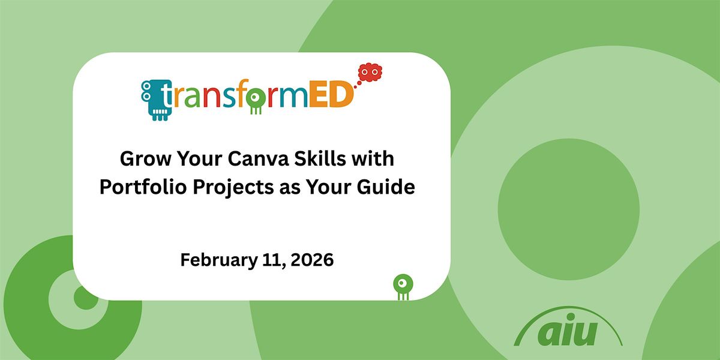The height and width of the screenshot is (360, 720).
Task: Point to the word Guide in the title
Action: pyautogui.click(x=386, y=187)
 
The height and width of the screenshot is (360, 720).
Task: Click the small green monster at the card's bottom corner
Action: pyautogui.click(x=402, y=284)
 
